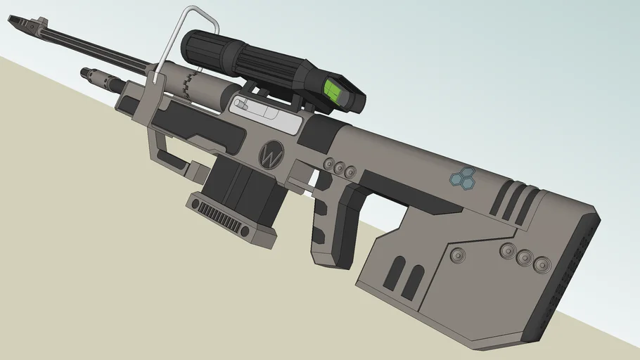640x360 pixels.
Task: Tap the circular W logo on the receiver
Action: (x=271, y=154)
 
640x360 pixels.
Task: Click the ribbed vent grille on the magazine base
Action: (x=218, y=216)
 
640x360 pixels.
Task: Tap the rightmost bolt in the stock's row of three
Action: (x=542, y=264)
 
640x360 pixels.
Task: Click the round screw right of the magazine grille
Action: (x=244, y=231)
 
